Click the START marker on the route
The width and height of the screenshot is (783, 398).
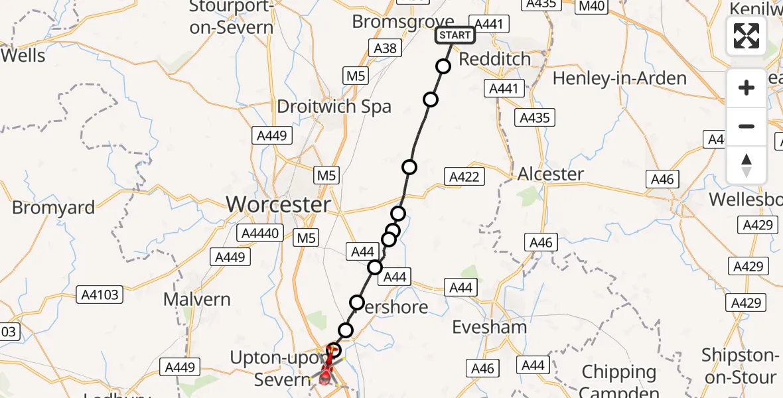coord(455,35)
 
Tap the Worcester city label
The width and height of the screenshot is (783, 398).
coord(279,204)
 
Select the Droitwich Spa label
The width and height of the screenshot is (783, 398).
coord(334,107)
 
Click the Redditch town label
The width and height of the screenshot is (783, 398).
coord(495,59)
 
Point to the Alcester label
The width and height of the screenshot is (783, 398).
coord(551,174)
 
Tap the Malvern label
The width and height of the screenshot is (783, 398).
coord(197,299)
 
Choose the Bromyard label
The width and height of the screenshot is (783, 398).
coord(54,208)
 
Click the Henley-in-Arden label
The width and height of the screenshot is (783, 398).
coord(620,78)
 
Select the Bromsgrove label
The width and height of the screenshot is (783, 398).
coord(403,22)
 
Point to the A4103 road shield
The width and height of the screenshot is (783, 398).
coord(100,295)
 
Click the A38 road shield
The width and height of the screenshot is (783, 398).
coord(386,48)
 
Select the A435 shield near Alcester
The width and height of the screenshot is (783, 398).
coord(535,117)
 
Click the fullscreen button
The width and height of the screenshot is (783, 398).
coord(747,36)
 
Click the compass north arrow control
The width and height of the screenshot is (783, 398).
coord(747,165)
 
